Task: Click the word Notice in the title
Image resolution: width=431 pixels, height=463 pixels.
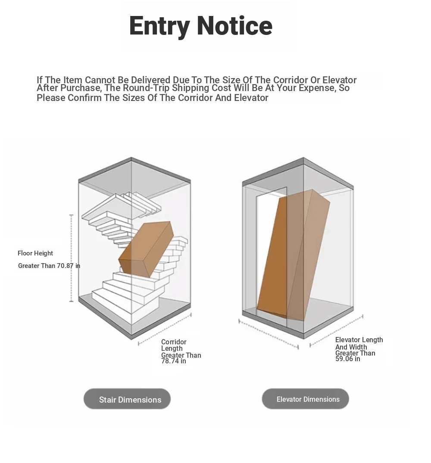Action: coord(234,26)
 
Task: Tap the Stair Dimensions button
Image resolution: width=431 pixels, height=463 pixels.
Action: coord(127,399)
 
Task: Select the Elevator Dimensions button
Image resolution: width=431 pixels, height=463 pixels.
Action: coord(305,399)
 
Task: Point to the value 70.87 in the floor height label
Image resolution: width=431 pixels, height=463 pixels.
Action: coord(65,266)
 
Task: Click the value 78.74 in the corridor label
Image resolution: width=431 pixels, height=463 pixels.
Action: coord(170,361)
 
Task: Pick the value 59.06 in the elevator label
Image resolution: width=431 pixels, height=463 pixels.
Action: coord(344,359)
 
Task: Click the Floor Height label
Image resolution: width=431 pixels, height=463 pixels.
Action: coord(35,253)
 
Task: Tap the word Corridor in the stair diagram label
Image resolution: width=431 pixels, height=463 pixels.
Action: coord(174,342)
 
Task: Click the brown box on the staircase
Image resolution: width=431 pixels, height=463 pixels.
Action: coord(146,249)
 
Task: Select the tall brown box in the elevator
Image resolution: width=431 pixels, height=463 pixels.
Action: coord(294,255)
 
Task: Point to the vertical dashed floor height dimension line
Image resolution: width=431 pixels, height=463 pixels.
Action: coord(72,258)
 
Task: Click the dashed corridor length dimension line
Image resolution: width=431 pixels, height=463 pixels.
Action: coord(165,329)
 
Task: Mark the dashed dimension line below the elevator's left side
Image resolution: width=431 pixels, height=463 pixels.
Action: coord(269,334)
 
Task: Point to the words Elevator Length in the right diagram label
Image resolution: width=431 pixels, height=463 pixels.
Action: coord(359,340)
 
